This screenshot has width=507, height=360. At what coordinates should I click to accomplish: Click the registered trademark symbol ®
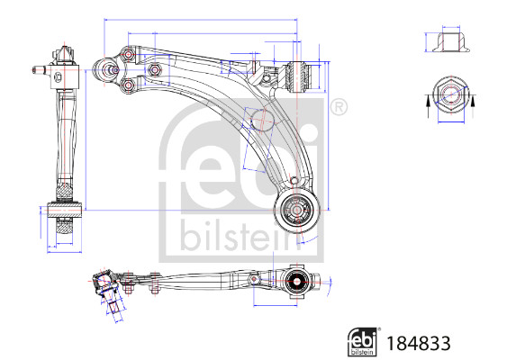[339, 107]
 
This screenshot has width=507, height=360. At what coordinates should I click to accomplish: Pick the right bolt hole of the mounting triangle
[156, 70]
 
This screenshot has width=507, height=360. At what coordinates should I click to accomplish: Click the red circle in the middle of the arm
[260, 117]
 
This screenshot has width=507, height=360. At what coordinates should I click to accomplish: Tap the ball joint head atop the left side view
[64, 53]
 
